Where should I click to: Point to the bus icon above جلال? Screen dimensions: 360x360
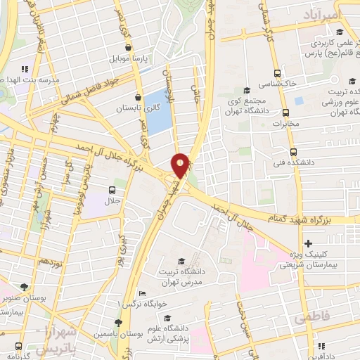[112, 191]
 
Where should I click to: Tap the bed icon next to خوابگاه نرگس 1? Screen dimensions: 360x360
[143, 293]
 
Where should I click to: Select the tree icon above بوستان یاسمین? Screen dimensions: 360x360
[118, 322]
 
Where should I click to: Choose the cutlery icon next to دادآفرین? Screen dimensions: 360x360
[321, 346]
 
